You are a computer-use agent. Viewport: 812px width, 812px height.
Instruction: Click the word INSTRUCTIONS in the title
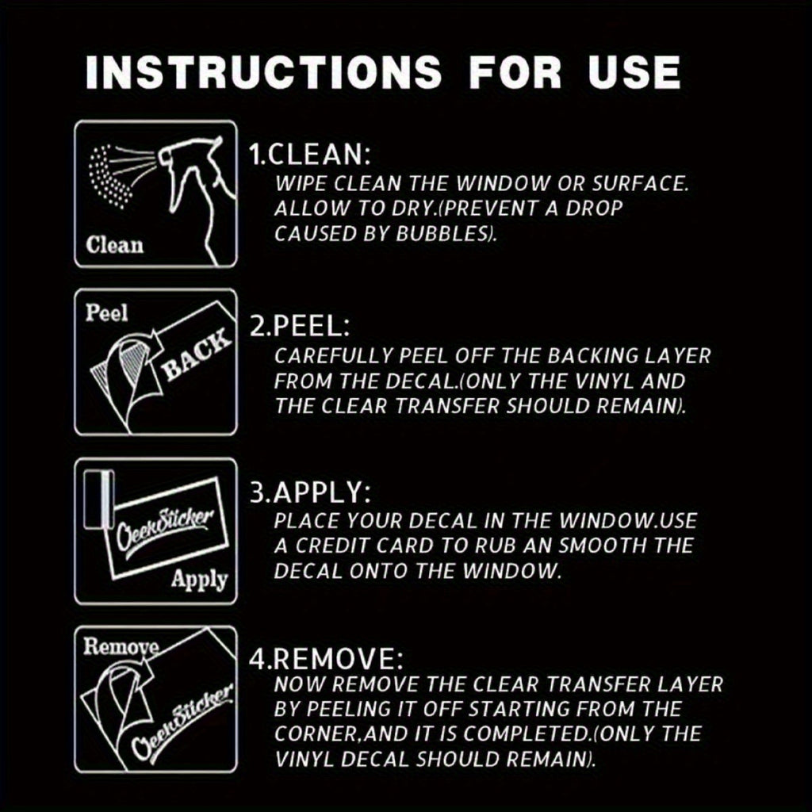click(263, 71)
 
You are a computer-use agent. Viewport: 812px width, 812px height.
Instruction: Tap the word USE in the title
click(634, 71)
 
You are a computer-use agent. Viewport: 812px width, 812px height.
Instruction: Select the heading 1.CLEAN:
click(310, 155)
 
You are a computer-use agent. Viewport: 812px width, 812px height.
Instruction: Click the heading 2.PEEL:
click(300, 326)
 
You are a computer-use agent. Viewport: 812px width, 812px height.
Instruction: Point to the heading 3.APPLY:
click(310, 492)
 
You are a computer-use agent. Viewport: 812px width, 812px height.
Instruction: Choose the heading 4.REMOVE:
click(326, 659)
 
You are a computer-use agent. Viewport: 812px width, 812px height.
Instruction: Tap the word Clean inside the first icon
click(114, 245)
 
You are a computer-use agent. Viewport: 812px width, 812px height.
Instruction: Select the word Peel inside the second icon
click(106, 312)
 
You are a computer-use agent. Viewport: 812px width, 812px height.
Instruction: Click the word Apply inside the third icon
click(199, 580)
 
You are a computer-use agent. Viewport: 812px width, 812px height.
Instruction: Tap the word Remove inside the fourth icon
click(121, 646)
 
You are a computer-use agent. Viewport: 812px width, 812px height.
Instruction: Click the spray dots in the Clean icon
click(110, 176)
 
